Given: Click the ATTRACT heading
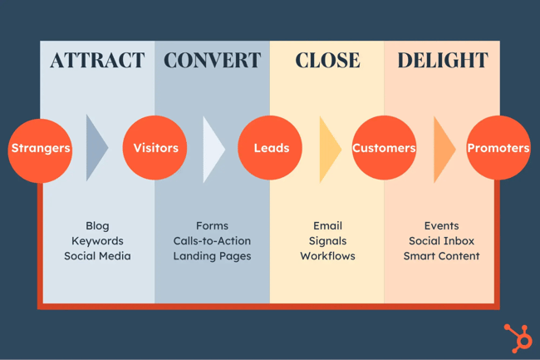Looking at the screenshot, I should (x=97, y=61).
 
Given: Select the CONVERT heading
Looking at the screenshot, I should (x=212, y=61).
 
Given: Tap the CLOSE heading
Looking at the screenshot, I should (x=327, y=61).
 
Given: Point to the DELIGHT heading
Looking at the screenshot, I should (x=442, y=61).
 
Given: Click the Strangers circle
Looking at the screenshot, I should (x=40, y=149).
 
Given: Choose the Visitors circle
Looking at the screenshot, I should (x=155, y=149).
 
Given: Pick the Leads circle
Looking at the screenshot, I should (x=271, y=149).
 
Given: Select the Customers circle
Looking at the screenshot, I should (x=384, y=149).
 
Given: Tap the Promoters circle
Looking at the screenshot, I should (x=498, y=149).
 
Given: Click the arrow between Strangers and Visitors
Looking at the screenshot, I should (x=96, y=149).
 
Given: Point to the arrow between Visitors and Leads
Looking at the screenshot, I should (x=212, y=149).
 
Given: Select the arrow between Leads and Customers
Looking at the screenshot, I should (x=329, y=149).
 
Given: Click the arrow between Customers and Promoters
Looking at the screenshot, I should (x=443, y=149).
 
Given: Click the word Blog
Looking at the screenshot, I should (x=97, y=225).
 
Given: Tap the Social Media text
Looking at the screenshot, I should (x=97, y=256).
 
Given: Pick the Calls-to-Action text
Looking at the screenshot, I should (x=212, y=241).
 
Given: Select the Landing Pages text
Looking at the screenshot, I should (x=212, y=256).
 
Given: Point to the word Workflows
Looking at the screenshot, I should (x=327, y=256).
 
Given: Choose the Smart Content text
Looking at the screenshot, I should (x=441, y=256).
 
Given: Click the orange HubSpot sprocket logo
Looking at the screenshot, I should (x=518, y=338).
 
